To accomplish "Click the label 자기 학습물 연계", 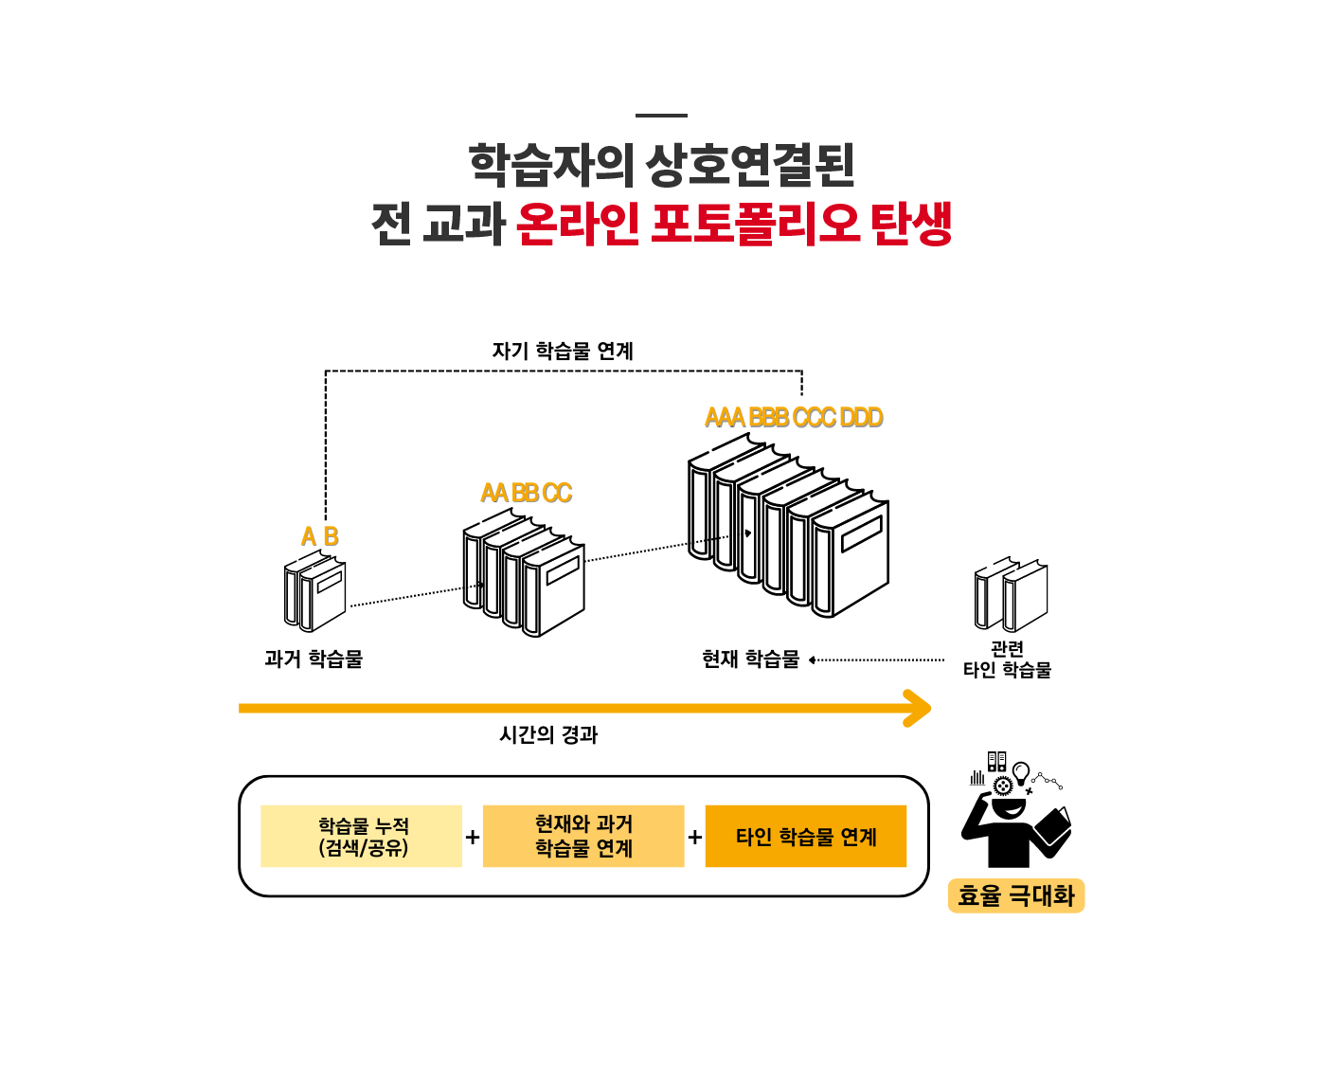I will (563, 352).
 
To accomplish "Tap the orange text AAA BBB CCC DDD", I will (794, 418).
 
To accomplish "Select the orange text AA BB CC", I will (527, 494).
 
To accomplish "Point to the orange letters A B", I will (320, 537).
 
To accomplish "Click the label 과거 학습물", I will (314, 659).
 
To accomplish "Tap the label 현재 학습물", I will (751, 659).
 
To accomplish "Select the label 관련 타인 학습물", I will (1007, 659).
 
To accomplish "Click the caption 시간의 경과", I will (548, 735).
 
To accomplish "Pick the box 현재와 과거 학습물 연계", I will (583, 837).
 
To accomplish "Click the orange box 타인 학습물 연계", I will (806, 837).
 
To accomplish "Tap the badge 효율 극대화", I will (1015, 896).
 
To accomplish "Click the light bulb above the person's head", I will (1021, 771).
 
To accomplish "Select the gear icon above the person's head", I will (1003, 785).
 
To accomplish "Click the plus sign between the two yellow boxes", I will (473, 838).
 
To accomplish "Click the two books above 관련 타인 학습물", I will (1012, 595).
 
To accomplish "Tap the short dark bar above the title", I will (661, 116).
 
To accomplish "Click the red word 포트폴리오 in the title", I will (755, 225).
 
